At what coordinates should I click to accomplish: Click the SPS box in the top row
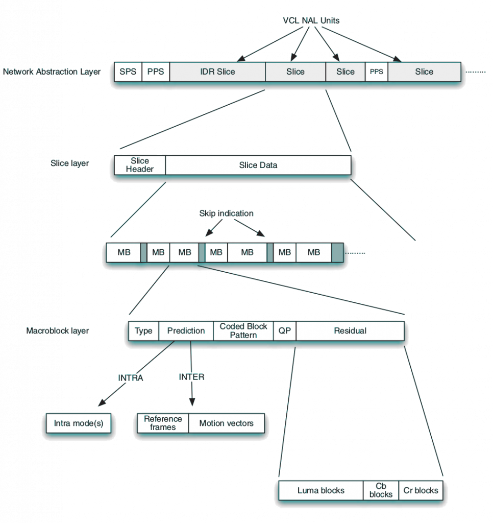tap(128, 72)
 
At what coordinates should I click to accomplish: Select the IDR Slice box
tap(217, 72)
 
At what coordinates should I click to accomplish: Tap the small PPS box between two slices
tap(376, 72)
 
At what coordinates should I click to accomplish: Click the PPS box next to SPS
tap(155, 72)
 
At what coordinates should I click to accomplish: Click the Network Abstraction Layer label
tap(52, 72)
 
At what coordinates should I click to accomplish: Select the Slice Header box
tap(139, 165)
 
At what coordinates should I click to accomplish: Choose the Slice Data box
tap(258, 165)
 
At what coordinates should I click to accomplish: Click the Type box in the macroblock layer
tap(143, 330)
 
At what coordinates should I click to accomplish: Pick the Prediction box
tap(186, 330)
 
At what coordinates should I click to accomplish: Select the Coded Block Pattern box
tap(243, 330)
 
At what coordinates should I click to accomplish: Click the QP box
tap(284, 330)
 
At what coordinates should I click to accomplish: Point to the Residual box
tap(350, 330)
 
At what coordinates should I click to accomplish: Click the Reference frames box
tap(163, 423)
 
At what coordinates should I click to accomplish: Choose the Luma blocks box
tap(321, 490)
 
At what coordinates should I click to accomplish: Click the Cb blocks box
tap(381, 490)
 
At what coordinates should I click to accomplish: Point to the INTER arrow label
tap(191, 376)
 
